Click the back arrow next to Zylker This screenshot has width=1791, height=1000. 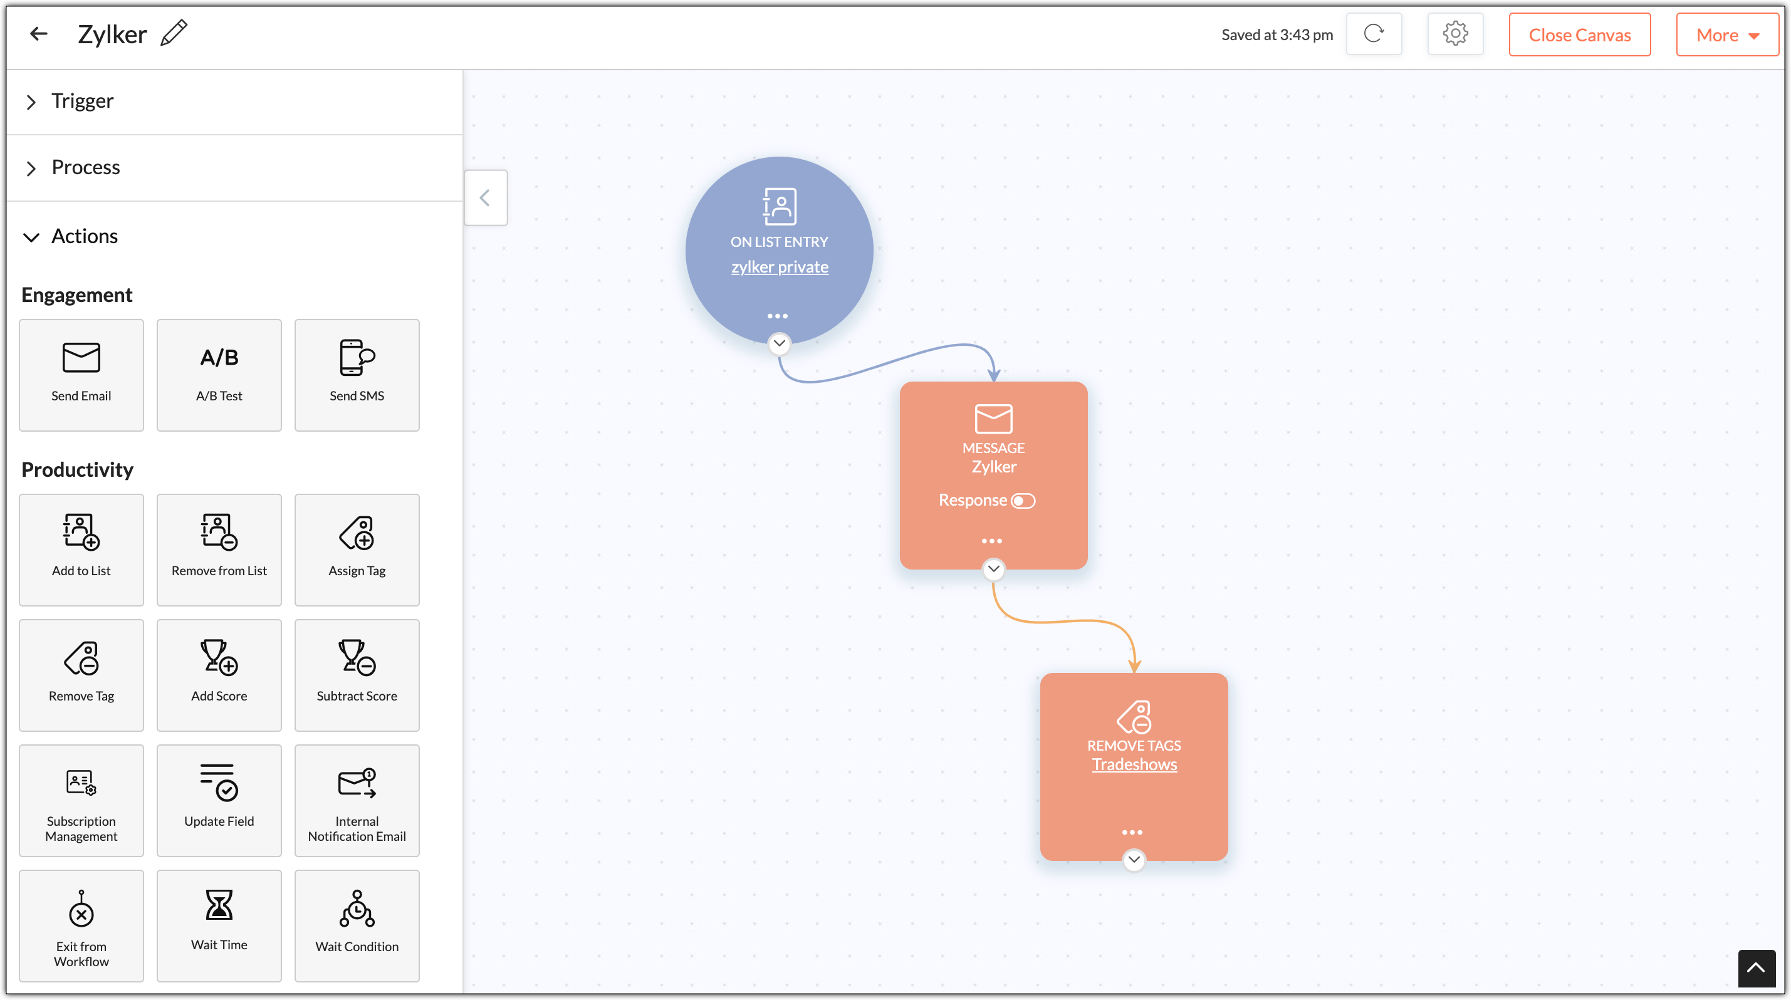pos(39,33)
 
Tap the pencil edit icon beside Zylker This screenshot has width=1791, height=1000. pos(174,33)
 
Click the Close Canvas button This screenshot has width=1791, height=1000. pos(1579,34)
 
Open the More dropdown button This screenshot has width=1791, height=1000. pos(1727,34)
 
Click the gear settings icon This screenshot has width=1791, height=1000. pos(1454,33)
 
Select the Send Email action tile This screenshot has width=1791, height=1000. pos(81,375)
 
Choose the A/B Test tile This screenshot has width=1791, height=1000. pos(219,375)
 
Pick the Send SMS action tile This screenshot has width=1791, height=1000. pos(357,375)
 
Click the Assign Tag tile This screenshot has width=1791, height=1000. pos(357,549)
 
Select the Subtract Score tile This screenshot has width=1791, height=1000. pos(357,675)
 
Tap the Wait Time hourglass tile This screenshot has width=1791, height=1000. pos(219,926)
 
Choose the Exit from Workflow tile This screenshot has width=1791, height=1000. pos(81,926)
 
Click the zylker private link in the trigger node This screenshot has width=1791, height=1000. pos(780,267)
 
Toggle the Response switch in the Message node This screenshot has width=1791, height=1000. pos(1023,501)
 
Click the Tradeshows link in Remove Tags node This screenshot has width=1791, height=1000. pos(1134,764)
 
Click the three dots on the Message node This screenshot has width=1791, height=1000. pos(992,541)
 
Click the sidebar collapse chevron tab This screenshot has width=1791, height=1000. pos(485,198)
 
